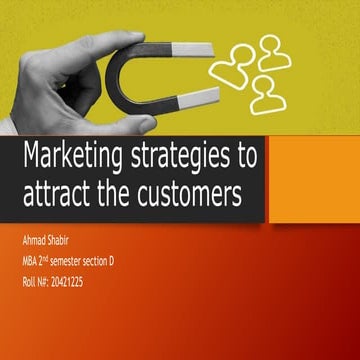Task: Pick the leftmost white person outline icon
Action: coord(233,64)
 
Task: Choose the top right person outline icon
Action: coord(273,52)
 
